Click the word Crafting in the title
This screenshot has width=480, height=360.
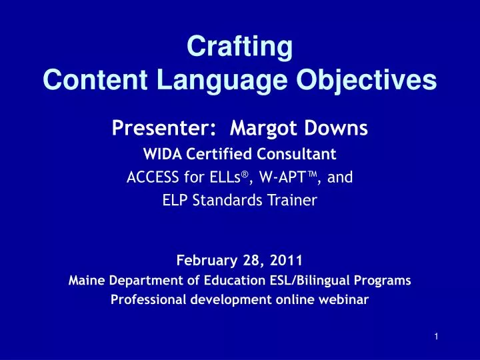point(239,47)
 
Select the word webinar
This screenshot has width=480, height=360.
point(345,299)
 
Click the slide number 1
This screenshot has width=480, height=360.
point(435,337)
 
